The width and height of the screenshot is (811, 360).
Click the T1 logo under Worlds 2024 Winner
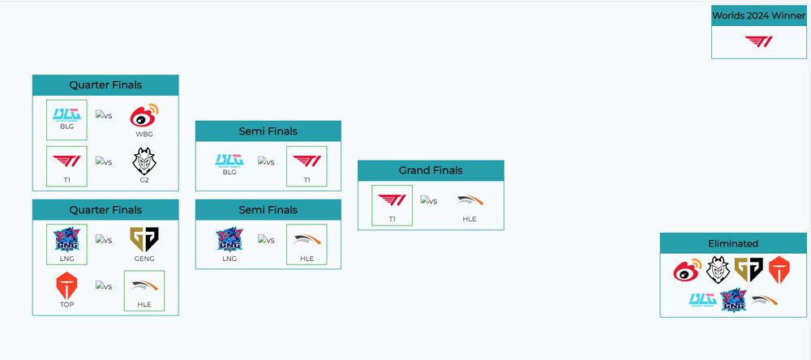click(x=759, y=42)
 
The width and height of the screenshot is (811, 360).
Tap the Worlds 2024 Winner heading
click(x=759, y=15)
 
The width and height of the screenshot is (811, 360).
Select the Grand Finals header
click(x=431, y=170)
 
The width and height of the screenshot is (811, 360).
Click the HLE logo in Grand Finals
click(x=470, y=200)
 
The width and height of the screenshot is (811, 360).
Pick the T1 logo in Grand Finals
click(x=392, y=200)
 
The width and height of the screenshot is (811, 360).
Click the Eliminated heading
click(x=733, y=243)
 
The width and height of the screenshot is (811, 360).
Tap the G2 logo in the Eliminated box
click(x=718, y=269)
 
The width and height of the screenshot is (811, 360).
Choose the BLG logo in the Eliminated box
click(x=702, y=299)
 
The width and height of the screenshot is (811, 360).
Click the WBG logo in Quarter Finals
click(x=144, y=115)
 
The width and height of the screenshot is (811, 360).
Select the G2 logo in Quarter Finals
click(x=144, y=161)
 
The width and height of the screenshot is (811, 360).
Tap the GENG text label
click(x=144, y=259)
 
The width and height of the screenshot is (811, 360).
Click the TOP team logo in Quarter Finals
click(x=67, y=285)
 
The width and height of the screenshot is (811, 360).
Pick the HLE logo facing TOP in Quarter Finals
click(x=144, y=285)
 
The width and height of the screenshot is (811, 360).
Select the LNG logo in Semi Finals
click(x=230, y=239)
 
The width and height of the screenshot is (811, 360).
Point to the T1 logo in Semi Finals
click(x=307, y=161)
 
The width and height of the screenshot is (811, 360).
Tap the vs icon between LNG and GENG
click(x=104, y=240)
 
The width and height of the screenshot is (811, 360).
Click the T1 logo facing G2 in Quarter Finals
click(x=67, y=161)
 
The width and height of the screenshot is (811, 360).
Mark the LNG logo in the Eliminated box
click(x=733, y=300)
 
